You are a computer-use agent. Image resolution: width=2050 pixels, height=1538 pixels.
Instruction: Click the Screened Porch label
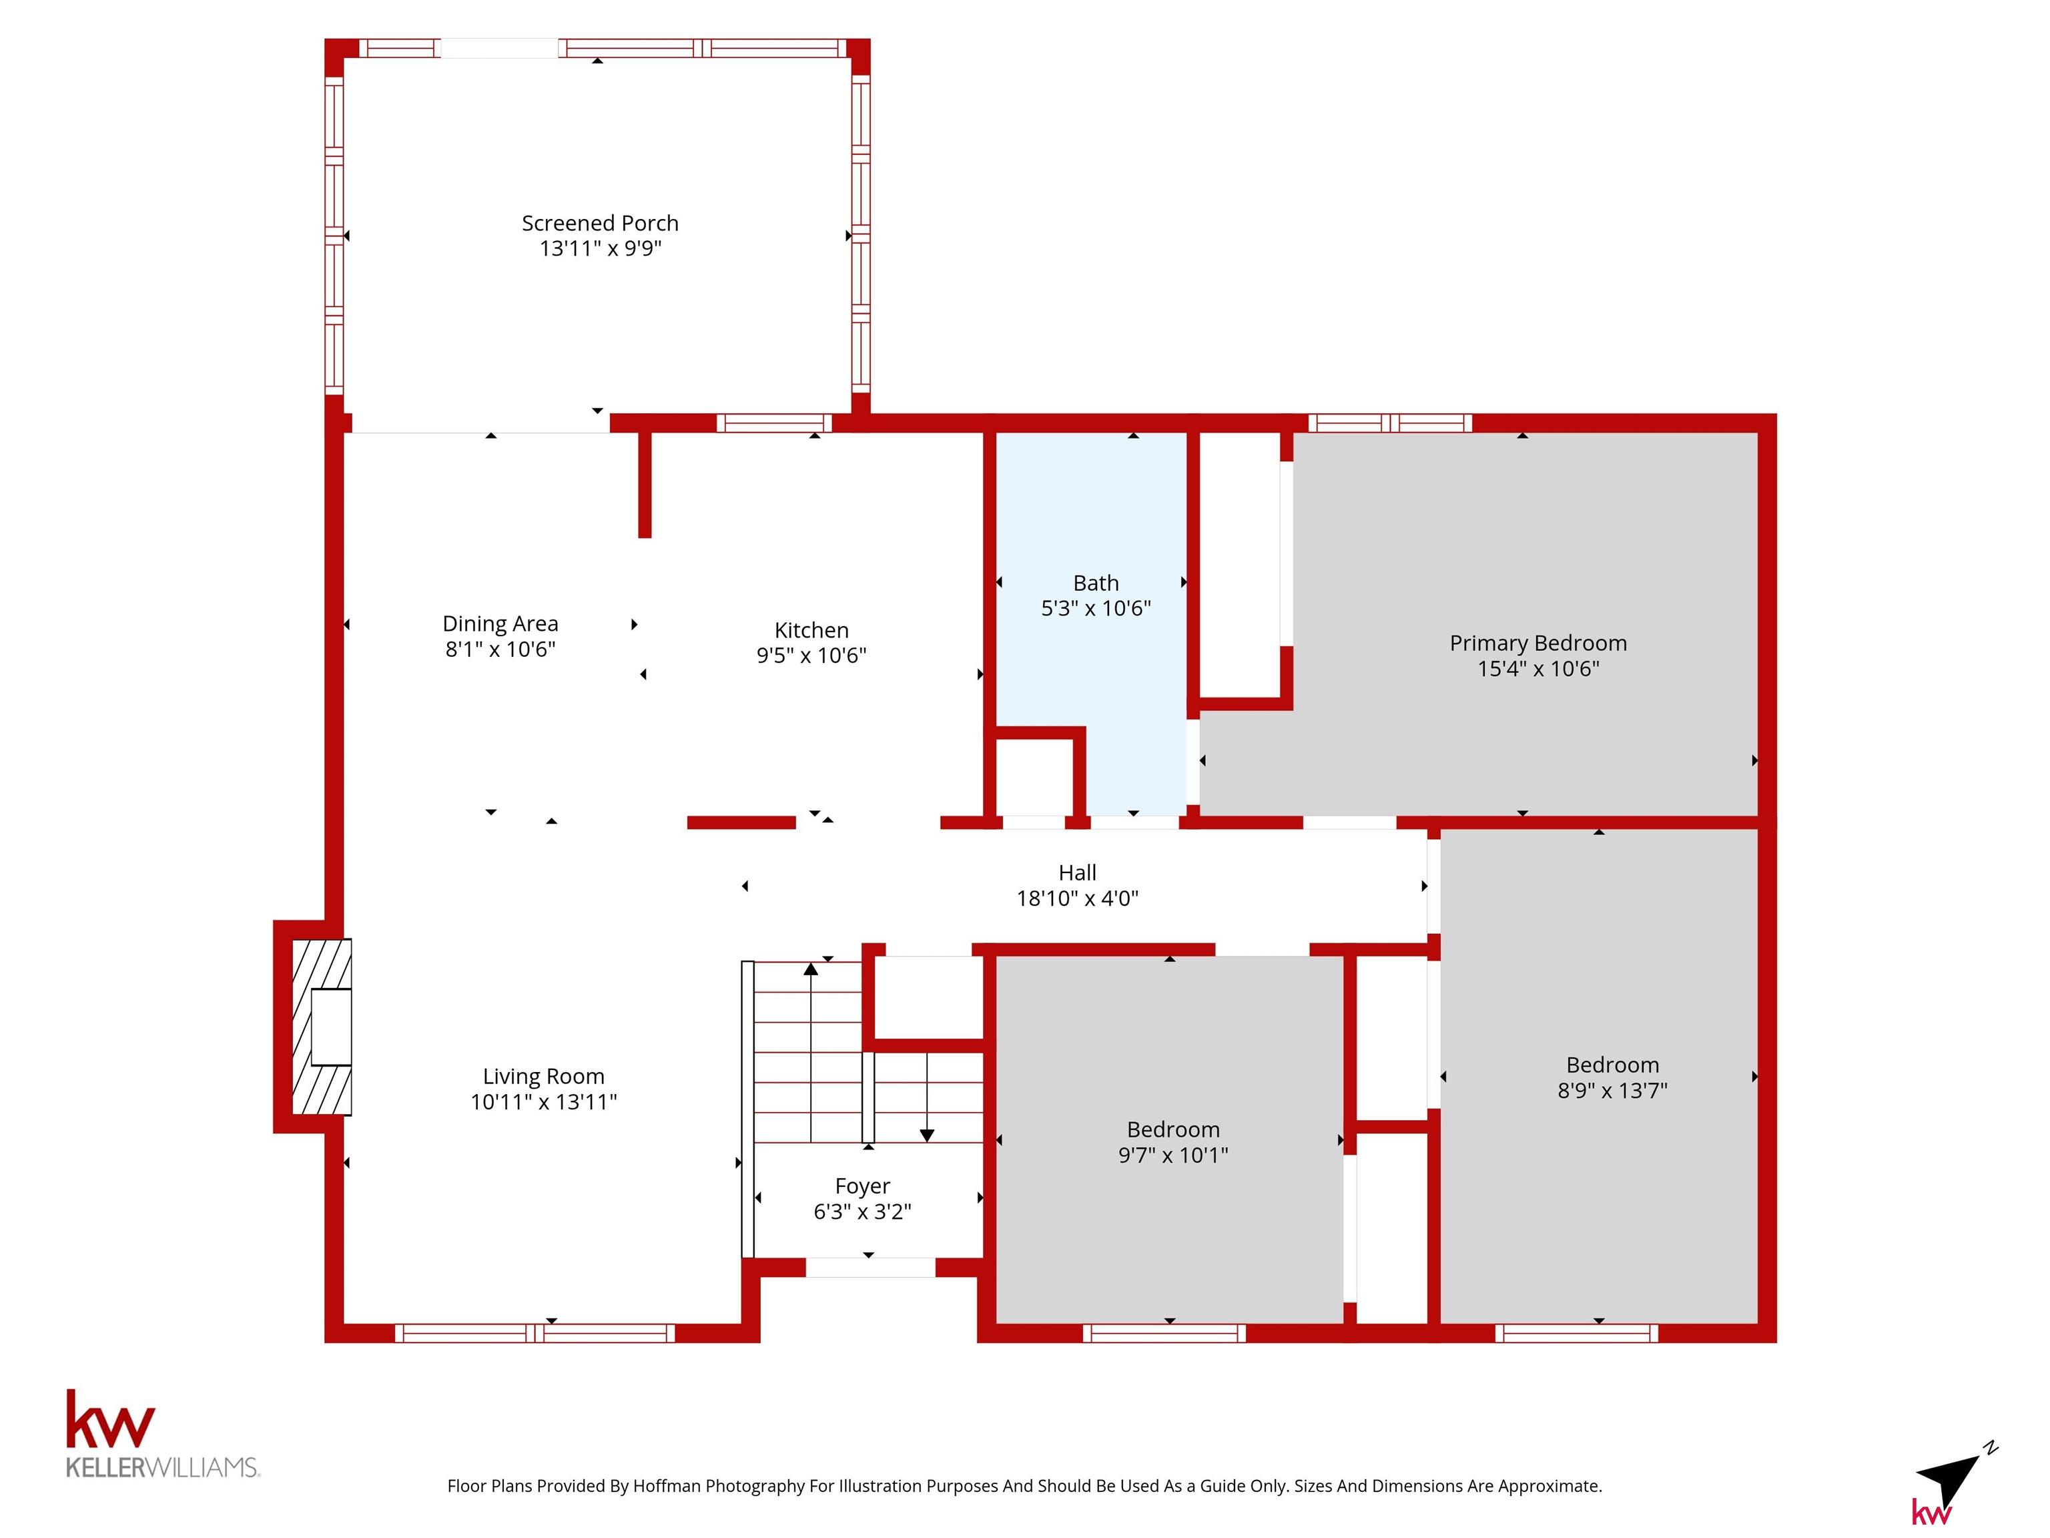[600, 224]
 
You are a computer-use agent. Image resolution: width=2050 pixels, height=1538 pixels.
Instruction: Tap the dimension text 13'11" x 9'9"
[600, 248]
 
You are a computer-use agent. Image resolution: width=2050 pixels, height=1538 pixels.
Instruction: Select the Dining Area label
[500, 624]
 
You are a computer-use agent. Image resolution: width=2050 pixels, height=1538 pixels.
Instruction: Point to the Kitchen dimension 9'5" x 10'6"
[811, 656]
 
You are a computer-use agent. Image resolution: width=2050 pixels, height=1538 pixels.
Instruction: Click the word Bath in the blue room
[1096, 583]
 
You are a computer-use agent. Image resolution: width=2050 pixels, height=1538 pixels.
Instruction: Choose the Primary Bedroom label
[1537, 644]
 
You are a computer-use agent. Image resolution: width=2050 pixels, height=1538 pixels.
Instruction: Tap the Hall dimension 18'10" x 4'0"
[1077, 899]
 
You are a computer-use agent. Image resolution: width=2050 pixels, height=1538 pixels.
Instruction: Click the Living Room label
[543, 1076]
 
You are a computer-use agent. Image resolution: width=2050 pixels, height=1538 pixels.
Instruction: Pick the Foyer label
[862, 1187]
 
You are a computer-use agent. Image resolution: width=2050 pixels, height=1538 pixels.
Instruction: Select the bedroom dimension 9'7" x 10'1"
[1172, 1155]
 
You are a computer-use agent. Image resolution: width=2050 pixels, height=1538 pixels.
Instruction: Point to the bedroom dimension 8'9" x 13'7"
[1612, 1090]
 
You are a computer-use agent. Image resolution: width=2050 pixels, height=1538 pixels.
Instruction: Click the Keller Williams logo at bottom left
[162, 1433]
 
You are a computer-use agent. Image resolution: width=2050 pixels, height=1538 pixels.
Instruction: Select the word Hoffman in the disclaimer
[667, 1486]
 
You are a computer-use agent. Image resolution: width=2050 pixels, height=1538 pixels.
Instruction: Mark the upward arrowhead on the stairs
[811, 969]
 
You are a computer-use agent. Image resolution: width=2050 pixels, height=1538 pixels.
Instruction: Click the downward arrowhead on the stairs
[927, 1135]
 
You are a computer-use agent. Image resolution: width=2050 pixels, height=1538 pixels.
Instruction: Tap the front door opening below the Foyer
[870, 1267]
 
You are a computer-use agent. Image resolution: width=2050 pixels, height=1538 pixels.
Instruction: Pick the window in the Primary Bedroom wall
[1390, 423]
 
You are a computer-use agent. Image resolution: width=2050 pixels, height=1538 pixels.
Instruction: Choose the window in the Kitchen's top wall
[774, 423]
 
